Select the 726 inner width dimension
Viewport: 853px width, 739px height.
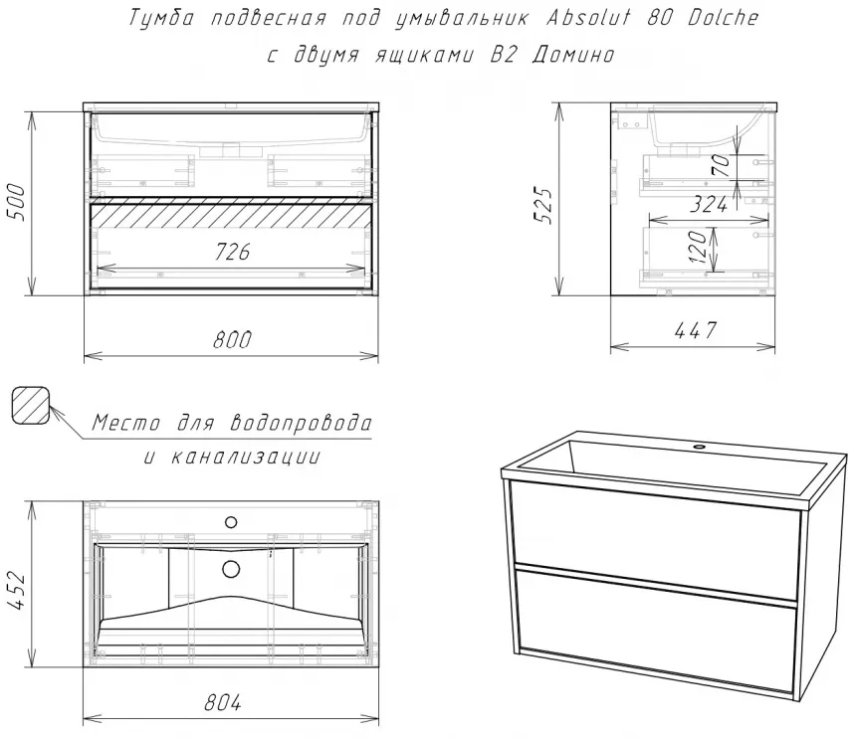tap(232, 252)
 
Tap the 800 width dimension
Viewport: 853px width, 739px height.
tap(232, 340)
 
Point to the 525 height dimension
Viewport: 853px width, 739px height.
tap(542, 205)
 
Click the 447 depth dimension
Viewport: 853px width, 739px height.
tap(696, 330)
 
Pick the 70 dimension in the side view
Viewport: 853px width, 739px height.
tap(721, 165)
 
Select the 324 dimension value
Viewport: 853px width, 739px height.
tap(709, 205)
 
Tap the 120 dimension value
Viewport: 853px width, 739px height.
tap(698, 247)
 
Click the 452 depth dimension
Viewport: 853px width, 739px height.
tap(17, 591)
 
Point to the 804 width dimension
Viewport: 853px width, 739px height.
tap(223, 703)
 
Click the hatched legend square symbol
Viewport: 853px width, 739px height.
tap(31, 405)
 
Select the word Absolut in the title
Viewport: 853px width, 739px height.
tap(588, 18)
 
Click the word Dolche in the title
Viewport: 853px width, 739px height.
tap(723, 18)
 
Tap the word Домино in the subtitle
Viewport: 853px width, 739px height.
tap(573, 55)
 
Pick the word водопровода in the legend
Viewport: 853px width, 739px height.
tap(302, 423)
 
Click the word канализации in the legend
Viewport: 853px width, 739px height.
tap(246, 458)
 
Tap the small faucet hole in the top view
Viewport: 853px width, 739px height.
tap(231, 522)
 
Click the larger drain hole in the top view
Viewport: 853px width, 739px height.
tap(231, 569)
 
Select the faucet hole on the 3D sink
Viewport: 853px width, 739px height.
tap(699, 448)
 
